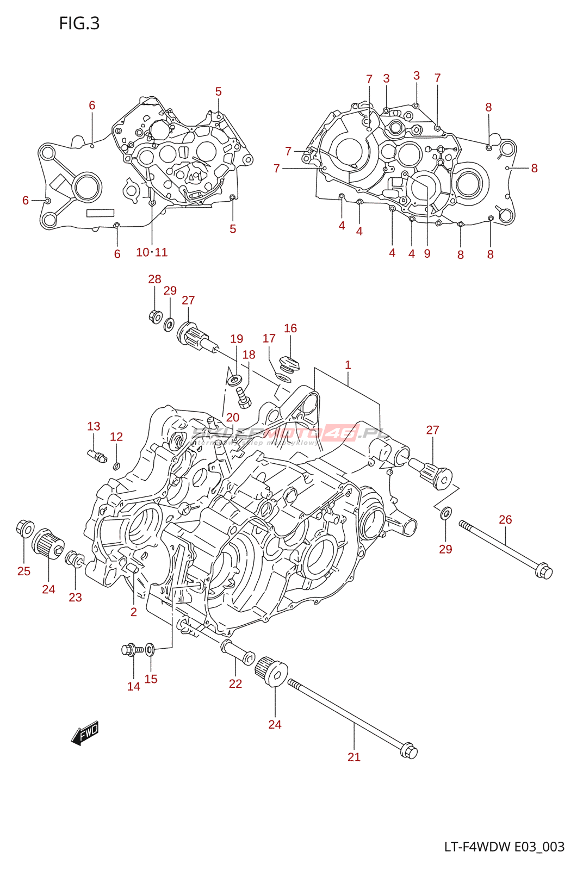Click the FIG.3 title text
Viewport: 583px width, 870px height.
[79, 23]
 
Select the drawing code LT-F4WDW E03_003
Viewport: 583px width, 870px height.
[504, 847]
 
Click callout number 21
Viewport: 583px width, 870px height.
[354, 757]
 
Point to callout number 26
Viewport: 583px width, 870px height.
[505, 520]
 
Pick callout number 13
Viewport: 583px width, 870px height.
[94, 426]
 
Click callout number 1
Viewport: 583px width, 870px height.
[348, 365]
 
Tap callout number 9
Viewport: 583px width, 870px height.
[427, 253]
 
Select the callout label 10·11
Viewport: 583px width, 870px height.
[152, 252]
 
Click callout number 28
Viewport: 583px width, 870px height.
[154, 279]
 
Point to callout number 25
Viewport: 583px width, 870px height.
[24, 571]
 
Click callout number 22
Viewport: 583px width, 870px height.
[235, 683]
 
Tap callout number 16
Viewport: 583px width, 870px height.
[290, 328]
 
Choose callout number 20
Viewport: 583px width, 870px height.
[233, 418]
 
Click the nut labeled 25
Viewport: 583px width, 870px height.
[25, 527]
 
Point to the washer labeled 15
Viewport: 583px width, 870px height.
[150, 649]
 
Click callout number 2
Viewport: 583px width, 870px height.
[134, 612]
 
